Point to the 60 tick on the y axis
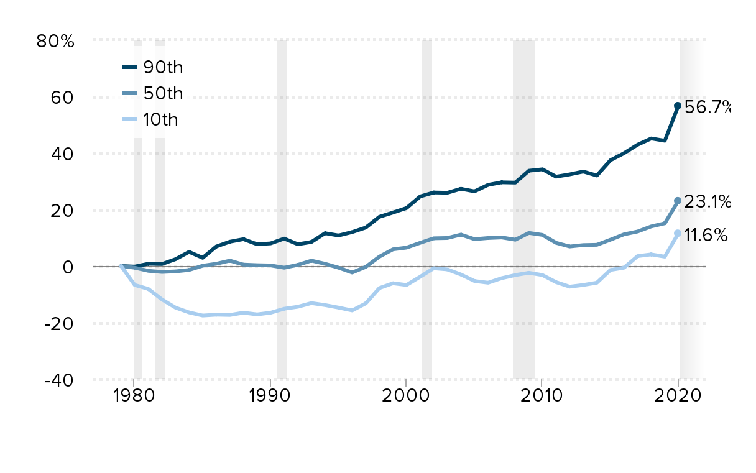pyautogui.click(x=66, y=98)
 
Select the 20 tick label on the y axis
pyautogui.click(x=65, y=211)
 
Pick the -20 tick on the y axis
pyautogui.click(x=62, y=324)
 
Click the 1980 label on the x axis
pyautogui.click(x=133, y=397)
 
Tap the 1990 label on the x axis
pyautogui.click(x=270, y=397)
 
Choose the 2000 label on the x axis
pyautogui.click(x=406, y=397)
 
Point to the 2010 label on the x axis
pyautogui.click(x=541, y=397)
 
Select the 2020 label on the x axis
pyautogui.click(x=678, y=397)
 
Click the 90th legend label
pyautogui.click(x=164, y=67)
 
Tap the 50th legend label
pyautogui.click(x=164, y=93)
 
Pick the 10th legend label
pyautogui.click(x=160, y=120)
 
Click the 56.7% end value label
pyautogui.click(x=707, y=108)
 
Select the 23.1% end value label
pyautogui.click(x=707, y=201)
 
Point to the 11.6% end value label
pyautogui.click(x=706, y=235)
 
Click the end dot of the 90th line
pyautogui.click(x=678, y=106)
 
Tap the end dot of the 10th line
pyautogui.click(x=678, y=234)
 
